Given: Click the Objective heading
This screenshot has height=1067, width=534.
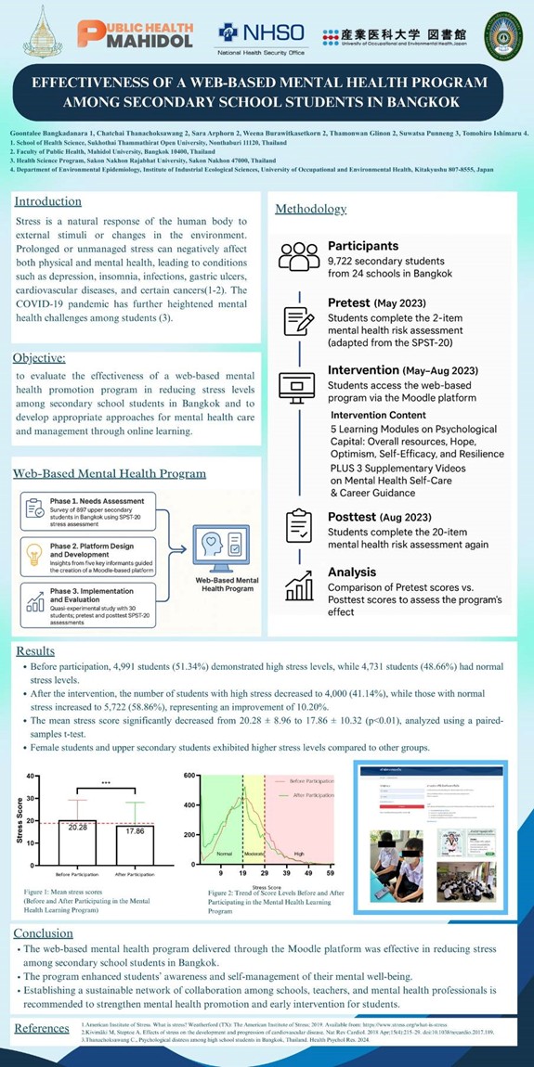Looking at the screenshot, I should (x=40, y=358).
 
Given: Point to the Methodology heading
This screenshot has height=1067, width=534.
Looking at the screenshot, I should (x=310, y=209).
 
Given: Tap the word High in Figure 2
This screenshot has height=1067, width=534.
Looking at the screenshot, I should (x=300, y=853).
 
